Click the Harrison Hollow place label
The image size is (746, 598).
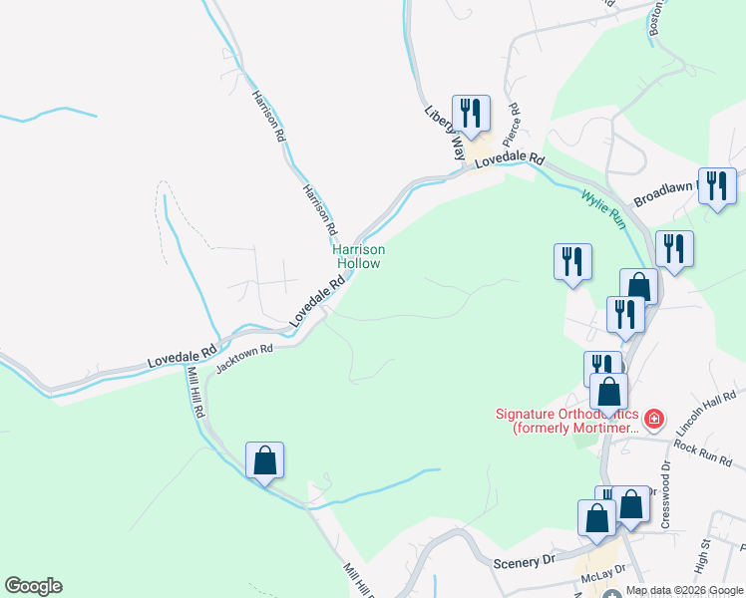358,257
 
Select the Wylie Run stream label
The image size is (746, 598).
604,203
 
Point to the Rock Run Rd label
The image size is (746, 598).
703,447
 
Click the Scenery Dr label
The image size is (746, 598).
524,562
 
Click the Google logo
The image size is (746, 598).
33,586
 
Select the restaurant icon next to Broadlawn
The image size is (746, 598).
717,186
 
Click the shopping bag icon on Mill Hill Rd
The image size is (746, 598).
264,460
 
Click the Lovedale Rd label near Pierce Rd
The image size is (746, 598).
509,159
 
